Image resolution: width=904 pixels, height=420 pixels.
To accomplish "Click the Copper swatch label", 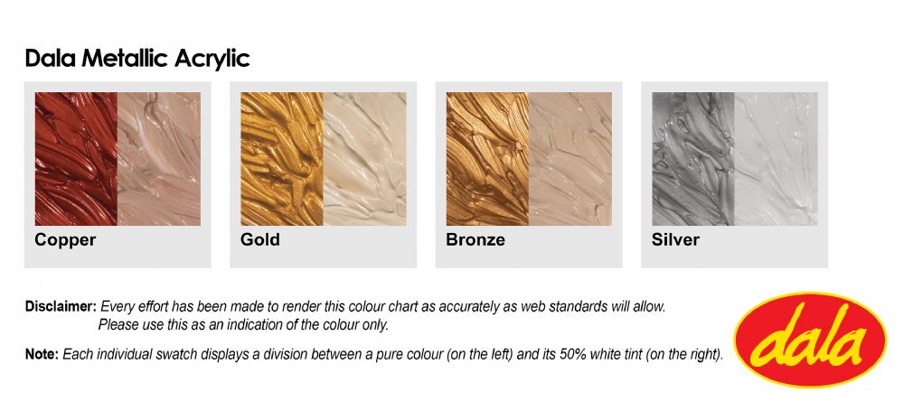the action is click(x=65, y=239).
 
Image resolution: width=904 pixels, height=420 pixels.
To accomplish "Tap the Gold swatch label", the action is click(x=260, y=239).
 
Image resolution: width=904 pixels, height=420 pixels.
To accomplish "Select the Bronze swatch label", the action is click(x=476, y=239).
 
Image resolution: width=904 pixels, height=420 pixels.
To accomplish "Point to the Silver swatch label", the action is click(x=675, y=239).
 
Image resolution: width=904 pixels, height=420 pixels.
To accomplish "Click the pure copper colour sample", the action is click(x=76, y=158).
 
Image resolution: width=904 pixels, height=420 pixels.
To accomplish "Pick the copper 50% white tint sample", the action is click(x=159, y=158).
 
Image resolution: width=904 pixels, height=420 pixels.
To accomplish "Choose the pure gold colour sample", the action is click(x=282, y=158).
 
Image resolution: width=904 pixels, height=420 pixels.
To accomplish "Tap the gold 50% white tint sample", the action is click(x=365, y=158).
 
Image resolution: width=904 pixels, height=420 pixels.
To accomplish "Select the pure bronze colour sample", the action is click(x=488, y=158).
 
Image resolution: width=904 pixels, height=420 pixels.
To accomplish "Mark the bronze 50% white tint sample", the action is click(x=570, y=158).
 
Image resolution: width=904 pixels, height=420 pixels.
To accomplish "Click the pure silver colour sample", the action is click(x=693, y=158).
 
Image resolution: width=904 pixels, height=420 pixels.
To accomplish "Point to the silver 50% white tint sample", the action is click(x=776, y=158).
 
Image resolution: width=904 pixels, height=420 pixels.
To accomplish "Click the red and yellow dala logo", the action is click(x=810, y=340).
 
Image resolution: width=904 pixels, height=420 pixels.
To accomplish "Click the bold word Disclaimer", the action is click(x=61, y=306).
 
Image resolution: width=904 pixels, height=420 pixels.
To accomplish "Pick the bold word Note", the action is click(x=42, y=354).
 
